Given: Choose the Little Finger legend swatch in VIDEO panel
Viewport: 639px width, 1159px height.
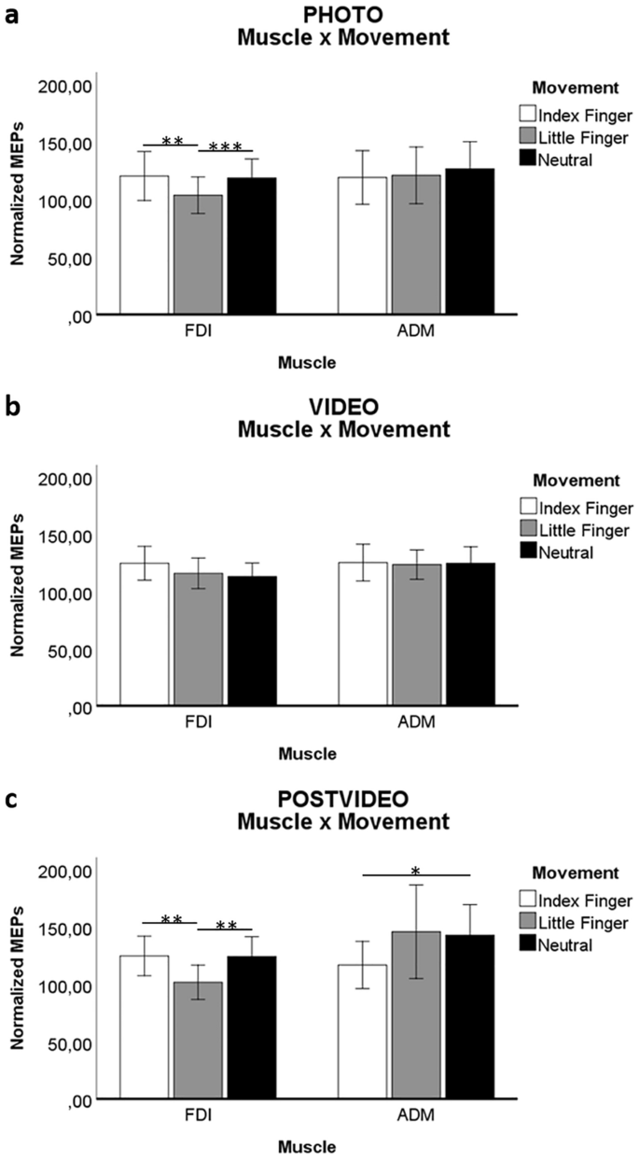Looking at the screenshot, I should (528, 531).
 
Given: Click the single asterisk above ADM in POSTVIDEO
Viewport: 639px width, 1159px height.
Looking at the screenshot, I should (415, 872).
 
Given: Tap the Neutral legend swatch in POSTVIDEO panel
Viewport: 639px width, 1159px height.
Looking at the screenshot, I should (528, 945).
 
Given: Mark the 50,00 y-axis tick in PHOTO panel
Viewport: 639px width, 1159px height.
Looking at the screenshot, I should (67, 258).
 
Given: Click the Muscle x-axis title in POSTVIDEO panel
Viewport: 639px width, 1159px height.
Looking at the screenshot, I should (307, 1146).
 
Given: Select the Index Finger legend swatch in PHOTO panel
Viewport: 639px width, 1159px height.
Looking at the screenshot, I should (528, 115).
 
